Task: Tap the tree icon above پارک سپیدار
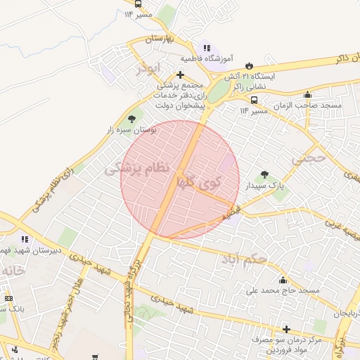click(x=264, y=175)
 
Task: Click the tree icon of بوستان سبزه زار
click(x=131, y=120)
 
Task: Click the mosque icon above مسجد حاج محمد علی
click(x=283, y=280)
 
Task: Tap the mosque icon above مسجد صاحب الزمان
click(x=307, y=95)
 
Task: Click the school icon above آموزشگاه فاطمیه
click(x=205, y=48)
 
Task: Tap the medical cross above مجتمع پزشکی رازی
click(x=180, y=75)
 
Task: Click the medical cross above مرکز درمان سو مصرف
click(x=286, y=329)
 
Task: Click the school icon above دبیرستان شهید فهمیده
click(x=25, y=240)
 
